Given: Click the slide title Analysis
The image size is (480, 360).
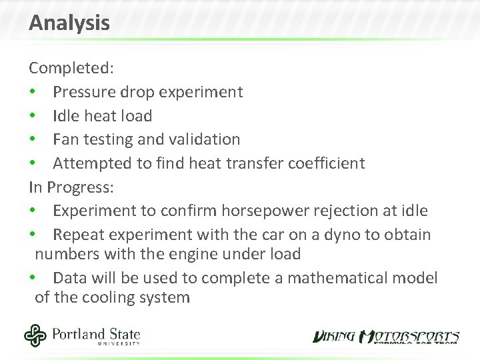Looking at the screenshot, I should pyautogui.click(x=69, y=23).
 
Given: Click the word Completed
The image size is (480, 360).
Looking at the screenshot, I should pyautogui.click(x=69, y=68).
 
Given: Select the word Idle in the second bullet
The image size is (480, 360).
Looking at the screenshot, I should pyautogui.click(x=65, y=116).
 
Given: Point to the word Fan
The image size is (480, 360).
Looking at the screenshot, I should pyautogui.click(x=65, y=139).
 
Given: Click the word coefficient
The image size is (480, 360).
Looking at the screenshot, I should pyautogui.click(x=325, y=163).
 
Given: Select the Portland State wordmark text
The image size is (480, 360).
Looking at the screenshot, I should pyautogui.click(x=96, y=333).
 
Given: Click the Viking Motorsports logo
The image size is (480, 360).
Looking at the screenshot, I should pyautogui.click(x=386, y=337).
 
